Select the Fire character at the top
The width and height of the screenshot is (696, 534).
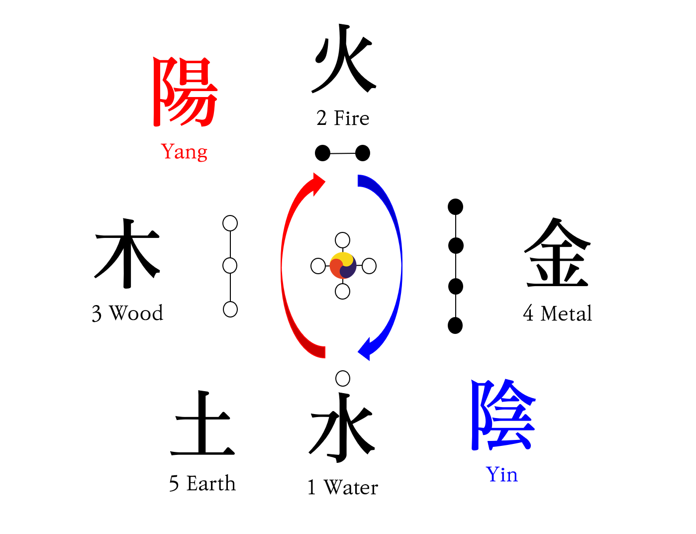pyautogui.click(x=343, y=59)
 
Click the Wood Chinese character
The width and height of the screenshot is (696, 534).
pyautogui.click(x=127, y=253)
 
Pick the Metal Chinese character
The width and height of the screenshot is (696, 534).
pyautogui.click(x=557, y=253)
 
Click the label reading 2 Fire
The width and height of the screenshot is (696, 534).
pyautogui.click(x=343, y=118)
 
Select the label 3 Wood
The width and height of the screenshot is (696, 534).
pyautogui.click(x=127, y=314)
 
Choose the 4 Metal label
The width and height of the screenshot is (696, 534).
pyautogui.click(x=557, y=314)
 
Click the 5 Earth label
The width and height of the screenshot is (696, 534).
pyautogui.click(x=202, y=484)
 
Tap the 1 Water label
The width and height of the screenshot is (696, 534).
pyautogui.click(x=343, y=487)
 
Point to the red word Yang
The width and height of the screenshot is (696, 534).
pyautogui.click(x=184, y=151)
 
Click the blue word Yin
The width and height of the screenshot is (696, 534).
pyautogui.click(x=501, y=474)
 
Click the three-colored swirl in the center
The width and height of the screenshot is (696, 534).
pyautogui.click(x=343, y=266)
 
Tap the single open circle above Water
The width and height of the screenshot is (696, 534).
pyautogui.click(x=343, y=378)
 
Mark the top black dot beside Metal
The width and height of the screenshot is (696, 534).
pyautogui.click(x=455, y=207)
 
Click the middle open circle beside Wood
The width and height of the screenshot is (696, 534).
pyautogui.click(x=230, y=266)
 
